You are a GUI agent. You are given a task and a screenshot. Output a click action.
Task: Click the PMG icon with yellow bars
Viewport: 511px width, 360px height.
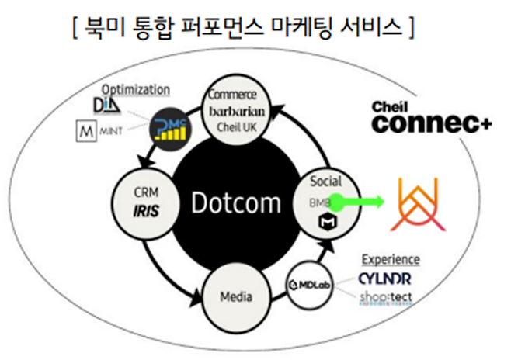[x=171, y=127]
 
